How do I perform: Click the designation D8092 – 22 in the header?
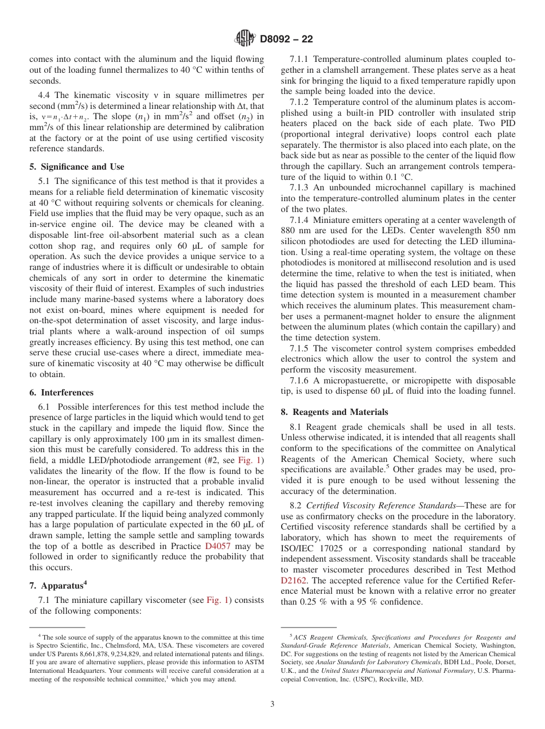286,40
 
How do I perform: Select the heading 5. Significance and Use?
76,167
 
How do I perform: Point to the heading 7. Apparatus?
58,585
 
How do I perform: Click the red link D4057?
219,546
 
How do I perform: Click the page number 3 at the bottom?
272,704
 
